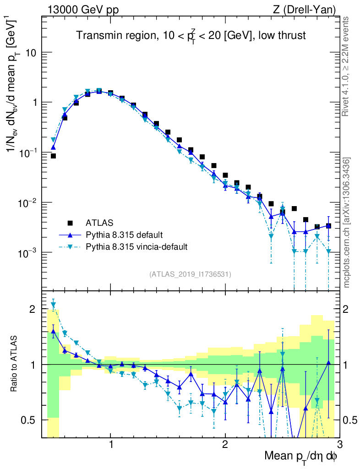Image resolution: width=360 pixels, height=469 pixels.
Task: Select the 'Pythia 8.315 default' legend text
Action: [x=124, y=235]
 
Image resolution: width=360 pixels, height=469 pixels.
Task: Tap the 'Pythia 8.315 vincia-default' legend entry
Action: [x=136, y=247]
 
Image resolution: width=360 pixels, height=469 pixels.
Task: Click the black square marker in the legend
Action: [x=71, y=223]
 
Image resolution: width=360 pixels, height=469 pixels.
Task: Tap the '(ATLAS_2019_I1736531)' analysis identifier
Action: [x=190, y=274]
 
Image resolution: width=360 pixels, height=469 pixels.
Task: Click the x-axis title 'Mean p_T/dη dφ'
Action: [x=301, y=456]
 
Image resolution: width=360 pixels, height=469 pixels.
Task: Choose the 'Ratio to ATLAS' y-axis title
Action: [x=14, y=364]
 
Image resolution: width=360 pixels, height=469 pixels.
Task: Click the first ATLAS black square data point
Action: [x=53, y=156]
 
